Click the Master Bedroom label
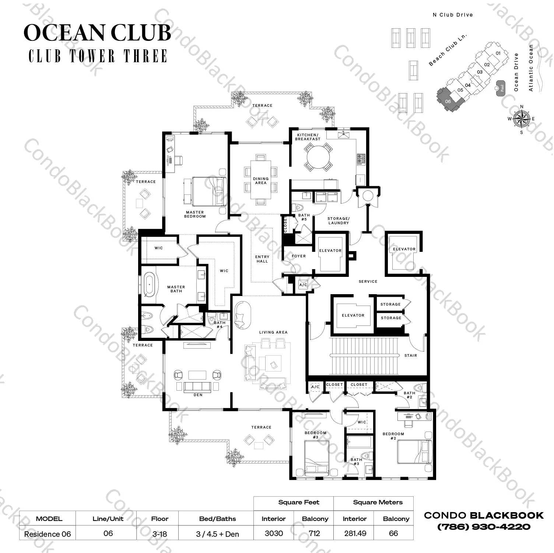coord(195,214)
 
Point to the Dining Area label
coord(260,181)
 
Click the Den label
coord(198,395)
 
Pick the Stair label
coord(410,355)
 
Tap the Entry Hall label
coord(262,259)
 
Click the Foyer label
coord(298,256)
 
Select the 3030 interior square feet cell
coord(274,533)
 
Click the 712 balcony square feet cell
coord(315,533)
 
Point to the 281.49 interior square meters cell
coord(355,533)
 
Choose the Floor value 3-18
coord(159,534)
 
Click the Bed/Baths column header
coord(217,519)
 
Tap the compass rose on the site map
coord(522,119)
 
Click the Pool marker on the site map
coord(501,88)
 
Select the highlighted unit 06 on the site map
coord(448,100)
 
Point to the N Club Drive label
coord(453,15)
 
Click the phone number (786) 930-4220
coord(484,527)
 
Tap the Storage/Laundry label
coord(338,221)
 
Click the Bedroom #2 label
coord(393,436)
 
